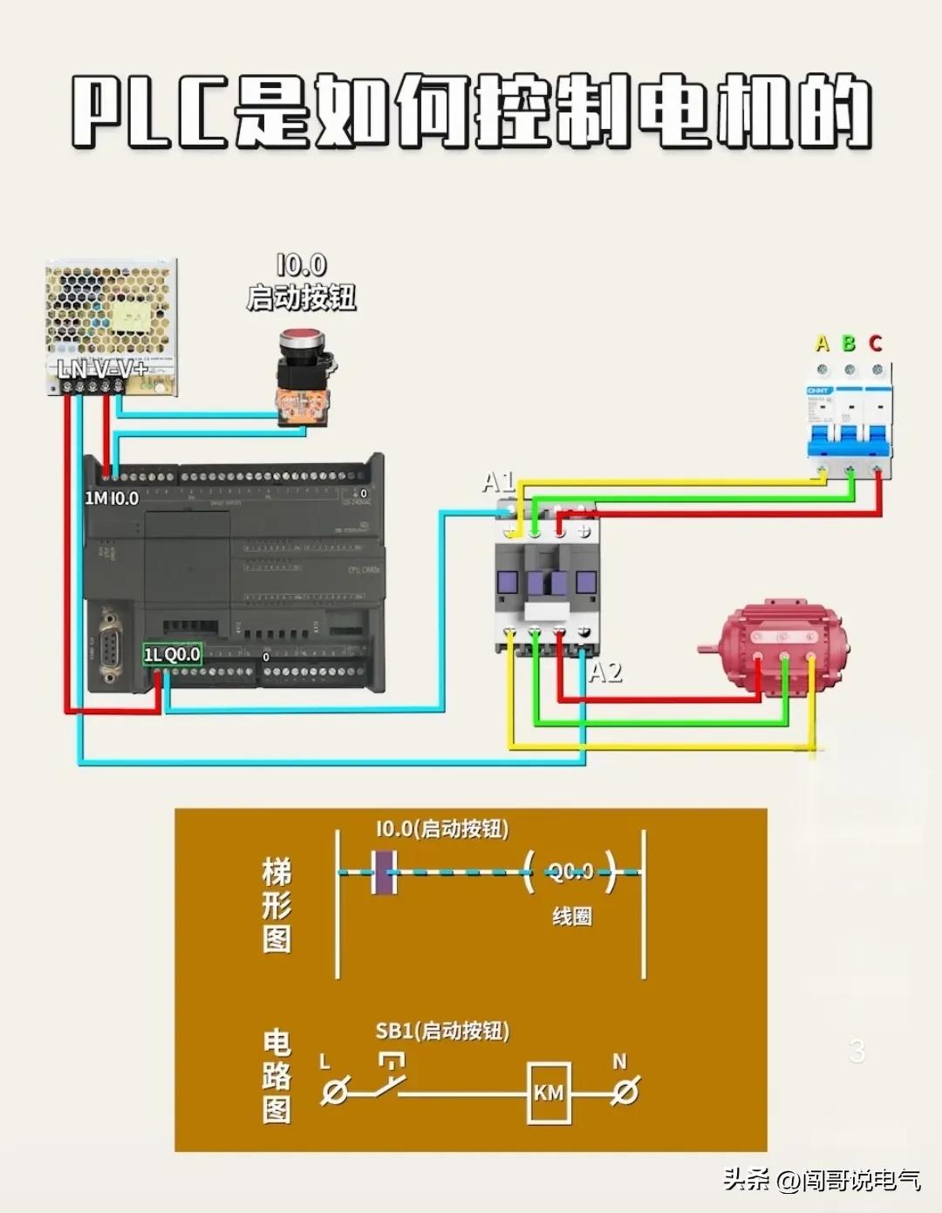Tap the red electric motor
[x=778, y=645]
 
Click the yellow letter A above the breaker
[x=822, y=344]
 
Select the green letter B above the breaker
[x=849, y=344]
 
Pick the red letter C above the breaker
[x=876, y=344]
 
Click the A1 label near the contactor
[x=498, y=481]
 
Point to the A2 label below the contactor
[x=605, y=672]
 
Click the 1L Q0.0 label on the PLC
[x=172, y=655]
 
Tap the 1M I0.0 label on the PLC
[x=112, y=498]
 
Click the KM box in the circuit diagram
[x=549, y=1093]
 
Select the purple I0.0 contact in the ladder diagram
[x=384, y=872]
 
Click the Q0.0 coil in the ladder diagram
[x=570, y=871]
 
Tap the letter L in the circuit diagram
[x=325, y=1062]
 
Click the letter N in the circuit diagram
[x=619, y=1061]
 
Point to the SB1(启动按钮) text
[x=442, y=1031]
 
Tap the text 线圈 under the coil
[x=571, y=917]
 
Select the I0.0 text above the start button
[x=301, y=265]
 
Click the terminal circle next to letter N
[x=625, y=1092]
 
